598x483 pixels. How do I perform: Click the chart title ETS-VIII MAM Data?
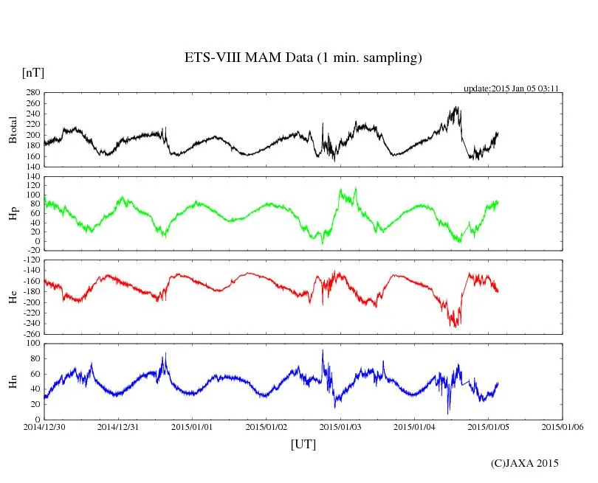pos(303,58)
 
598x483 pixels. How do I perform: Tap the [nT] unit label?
pos(32,73)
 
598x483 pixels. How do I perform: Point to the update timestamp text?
pos(510,88)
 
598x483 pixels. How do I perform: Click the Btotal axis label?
pos(13,130)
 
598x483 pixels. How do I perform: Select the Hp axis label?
pos(13,214)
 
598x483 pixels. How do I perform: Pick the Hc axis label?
pos(13,296)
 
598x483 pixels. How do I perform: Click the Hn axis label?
pos(13,381)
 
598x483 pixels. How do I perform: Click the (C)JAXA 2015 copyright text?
pos(525,463)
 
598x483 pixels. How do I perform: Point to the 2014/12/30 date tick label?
pos(44,427)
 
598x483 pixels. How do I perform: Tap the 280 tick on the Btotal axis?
pos(33,93)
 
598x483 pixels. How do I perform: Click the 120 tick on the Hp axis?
pos(33,177)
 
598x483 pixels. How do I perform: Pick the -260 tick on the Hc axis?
pos(32,334)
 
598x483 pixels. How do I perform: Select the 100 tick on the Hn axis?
pos(33,344)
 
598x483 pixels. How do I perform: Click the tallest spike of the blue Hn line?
pos(322,350)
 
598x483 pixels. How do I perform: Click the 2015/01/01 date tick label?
pos(193,427)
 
